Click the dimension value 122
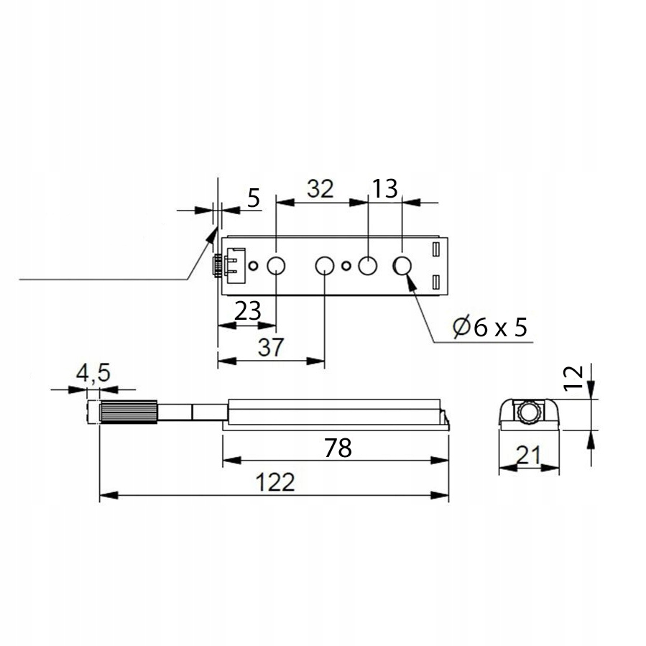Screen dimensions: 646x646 tap(275, 481)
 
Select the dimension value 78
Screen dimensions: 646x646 tap(338, 448)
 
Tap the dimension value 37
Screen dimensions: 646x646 tap(271, 347)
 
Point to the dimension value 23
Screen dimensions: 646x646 tap(248, 310)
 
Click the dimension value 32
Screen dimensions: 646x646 tap(320, 189)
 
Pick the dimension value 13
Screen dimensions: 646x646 tap(385, 189)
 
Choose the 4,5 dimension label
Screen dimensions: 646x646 tap(93, 373)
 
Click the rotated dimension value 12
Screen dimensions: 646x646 tap(573, 378)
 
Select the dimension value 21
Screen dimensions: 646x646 tap(528, 455)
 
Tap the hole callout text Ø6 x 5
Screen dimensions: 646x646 tap(490, 327)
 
